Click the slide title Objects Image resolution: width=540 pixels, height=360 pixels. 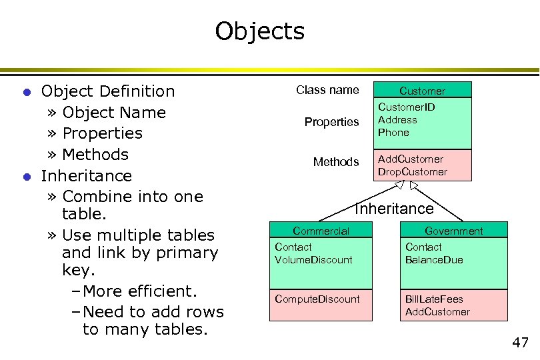pyautogui.click(x=259, y=31)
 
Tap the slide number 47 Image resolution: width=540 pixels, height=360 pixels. pyautogui.click(x=520, y=343)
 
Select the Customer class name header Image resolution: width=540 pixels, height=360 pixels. pyautogui.click(x=422, y=91)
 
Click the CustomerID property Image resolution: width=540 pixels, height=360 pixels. pyautogui.click(x=407, y=107)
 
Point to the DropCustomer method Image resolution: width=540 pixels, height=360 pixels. pyautogui.click(x=413, y=172)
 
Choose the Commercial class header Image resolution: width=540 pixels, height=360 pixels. pyautogui.click(x=321, y=231)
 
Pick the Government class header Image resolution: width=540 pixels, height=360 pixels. pyautogui.click(x=453, y=231)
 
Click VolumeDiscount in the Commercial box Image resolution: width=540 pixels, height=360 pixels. pyautogui.click(x=313, y=259)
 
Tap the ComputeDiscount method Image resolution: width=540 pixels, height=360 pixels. pyautogui.click(x=317, y=299)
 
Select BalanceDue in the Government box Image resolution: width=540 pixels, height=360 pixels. pyautogui.click(x=434, y=259)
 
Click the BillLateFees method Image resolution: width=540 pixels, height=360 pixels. pyautogui.click(x=434, y=299)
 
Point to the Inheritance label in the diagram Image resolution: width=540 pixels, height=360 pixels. pyautogui.click(x=394, y=209)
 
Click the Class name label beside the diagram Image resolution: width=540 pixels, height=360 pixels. pyautogui.click(x=327, y=90)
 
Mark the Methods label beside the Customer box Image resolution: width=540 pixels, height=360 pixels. pyautogui.click(x=336, y=162)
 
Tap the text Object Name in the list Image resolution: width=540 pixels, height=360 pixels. pyautogui.click(x=113, y=112)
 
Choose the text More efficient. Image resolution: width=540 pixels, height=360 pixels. pyautogui.click(x=140, y=291)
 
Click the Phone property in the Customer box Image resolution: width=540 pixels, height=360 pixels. pyautogui.click(x=393, y=132)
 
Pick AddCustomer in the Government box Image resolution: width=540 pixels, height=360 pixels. pyautogui.click(x=437, y=311)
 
